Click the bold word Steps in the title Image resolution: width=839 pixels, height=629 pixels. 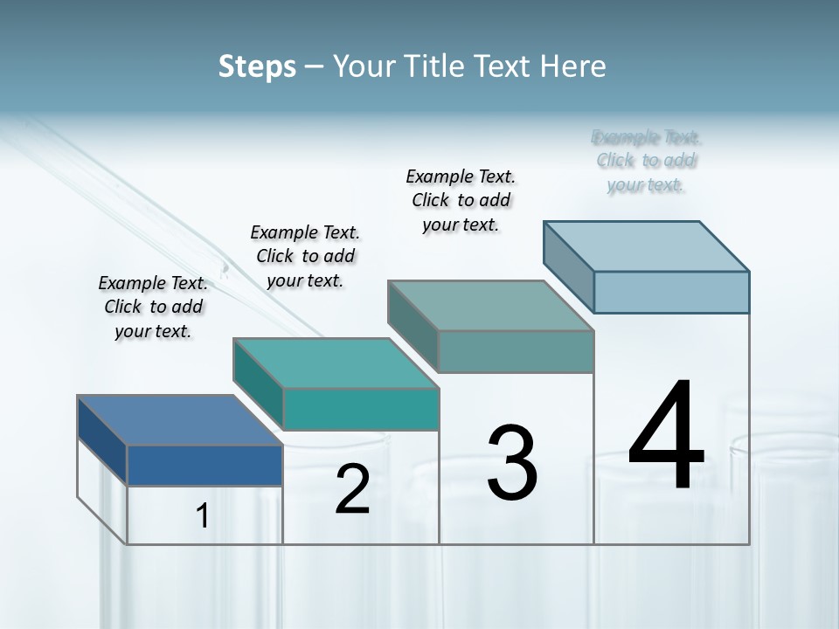257,66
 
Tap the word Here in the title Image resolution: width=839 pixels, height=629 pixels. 573,66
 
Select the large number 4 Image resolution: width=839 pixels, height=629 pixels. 666,437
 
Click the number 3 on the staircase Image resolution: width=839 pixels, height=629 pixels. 512,463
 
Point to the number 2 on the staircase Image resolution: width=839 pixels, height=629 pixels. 352,489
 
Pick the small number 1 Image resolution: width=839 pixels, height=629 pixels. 203,516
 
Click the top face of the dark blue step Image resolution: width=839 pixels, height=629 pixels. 179,420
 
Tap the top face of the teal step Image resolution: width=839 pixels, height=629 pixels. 336,363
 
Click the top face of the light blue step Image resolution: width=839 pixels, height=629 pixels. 647,246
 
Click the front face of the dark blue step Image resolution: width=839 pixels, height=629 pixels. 205,465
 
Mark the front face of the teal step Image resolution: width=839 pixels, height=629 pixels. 360,409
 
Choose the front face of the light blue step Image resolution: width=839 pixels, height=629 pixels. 671,292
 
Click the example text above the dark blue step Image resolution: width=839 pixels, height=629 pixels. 153,307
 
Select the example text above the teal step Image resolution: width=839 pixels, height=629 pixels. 305,256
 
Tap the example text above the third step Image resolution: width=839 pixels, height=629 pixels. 461,200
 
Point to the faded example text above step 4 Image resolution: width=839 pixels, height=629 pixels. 647,161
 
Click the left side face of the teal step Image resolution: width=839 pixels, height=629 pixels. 258,384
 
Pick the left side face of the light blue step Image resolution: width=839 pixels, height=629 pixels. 568,266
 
